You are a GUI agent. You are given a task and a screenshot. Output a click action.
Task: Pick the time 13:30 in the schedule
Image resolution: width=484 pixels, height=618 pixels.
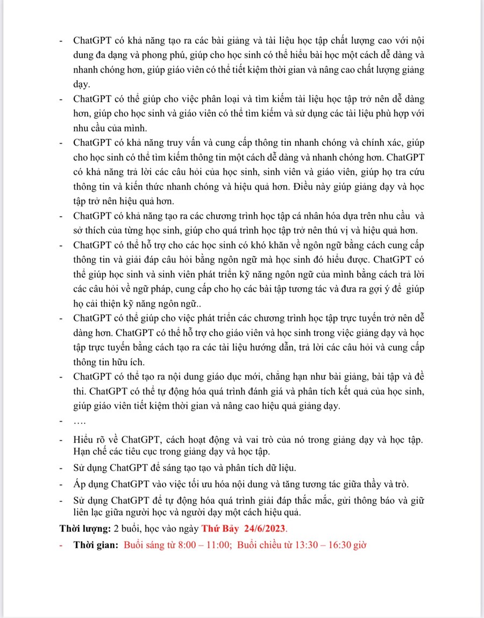[x=304, y=544]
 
